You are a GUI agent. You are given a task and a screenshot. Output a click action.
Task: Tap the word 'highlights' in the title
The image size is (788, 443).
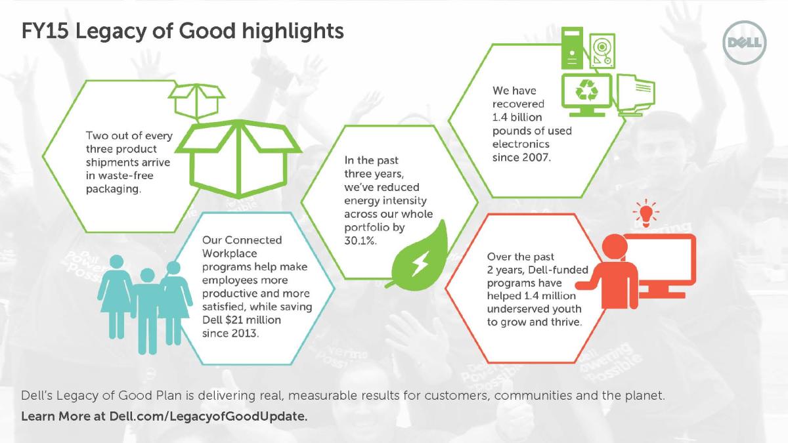pos(293,32)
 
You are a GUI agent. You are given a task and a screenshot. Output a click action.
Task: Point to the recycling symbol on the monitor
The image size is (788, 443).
pos(586,91)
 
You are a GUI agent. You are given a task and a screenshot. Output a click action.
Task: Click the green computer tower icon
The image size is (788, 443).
pos(572,48)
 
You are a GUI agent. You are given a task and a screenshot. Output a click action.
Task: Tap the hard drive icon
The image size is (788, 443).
pos(602,51)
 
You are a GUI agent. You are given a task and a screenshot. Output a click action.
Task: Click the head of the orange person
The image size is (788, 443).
pos(615,245)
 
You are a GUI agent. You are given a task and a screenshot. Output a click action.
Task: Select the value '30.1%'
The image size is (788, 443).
pos(361,241)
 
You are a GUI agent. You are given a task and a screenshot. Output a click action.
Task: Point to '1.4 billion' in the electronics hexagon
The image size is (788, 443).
pos(517,117)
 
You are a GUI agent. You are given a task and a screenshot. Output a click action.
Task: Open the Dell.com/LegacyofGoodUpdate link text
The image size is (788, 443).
pos(208,417)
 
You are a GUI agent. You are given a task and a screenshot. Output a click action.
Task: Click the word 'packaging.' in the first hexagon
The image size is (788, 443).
pos(114,189)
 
